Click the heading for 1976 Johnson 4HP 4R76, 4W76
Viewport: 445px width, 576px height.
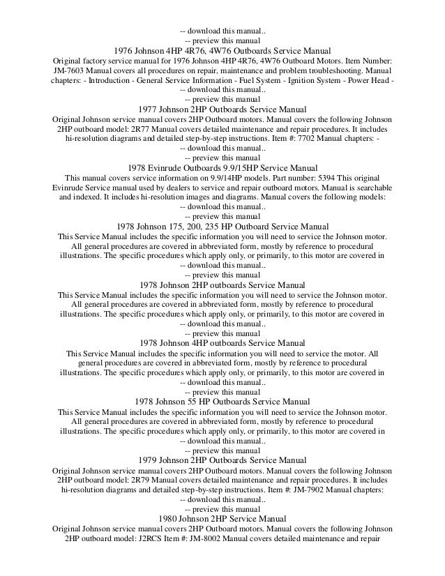pyautogui.click(x=222, y=51)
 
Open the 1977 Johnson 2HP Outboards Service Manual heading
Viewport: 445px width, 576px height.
pyautogui.click(x=222, y=109)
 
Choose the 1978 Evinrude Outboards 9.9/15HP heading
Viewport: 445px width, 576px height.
pyautogui.click(x=222, y=168)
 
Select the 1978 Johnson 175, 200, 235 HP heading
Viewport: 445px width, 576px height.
pyautogui.click(x=222, y=227)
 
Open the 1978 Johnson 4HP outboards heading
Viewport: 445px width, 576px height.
pyautogui.click(x=222, y=344)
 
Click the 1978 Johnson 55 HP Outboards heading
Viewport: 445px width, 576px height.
pyautogui.click(x=222, y=402)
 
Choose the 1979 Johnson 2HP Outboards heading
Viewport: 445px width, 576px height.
pyautogui.click(x=222, y=460)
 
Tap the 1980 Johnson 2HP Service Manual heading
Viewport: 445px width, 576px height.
pyautogui.click(x=222, y=519)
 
